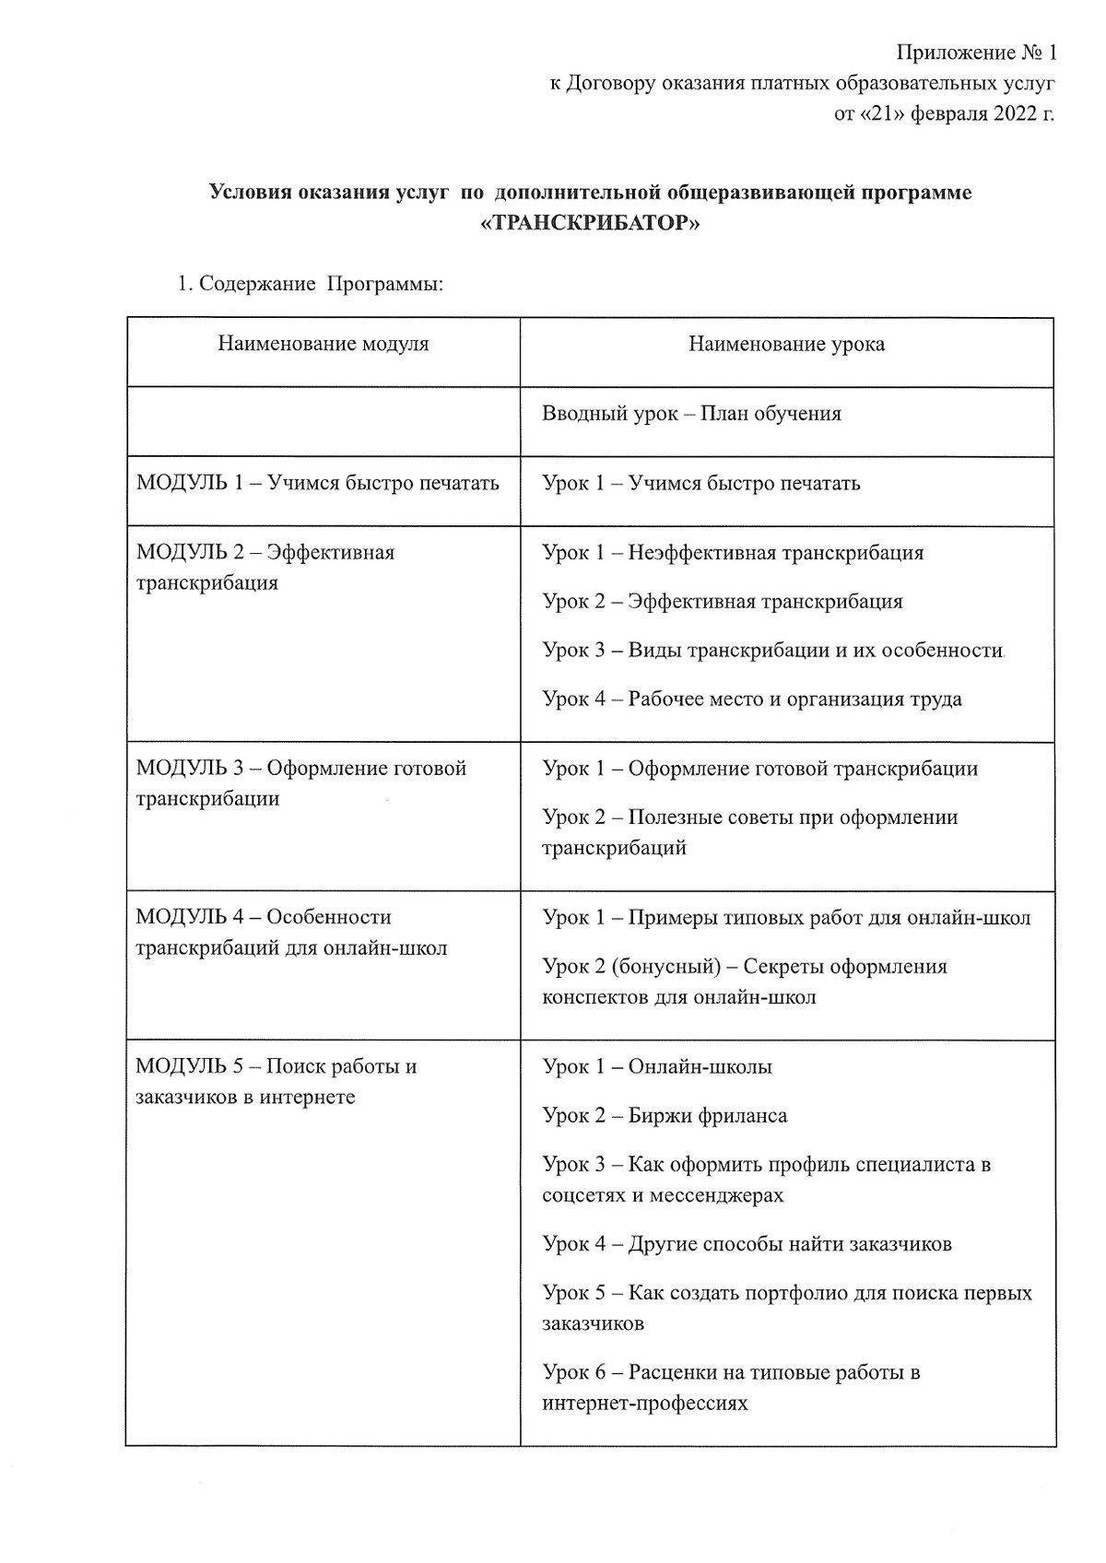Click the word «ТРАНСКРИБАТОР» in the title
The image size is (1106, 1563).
[591, 224]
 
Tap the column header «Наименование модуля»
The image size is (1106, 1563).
[324, 345]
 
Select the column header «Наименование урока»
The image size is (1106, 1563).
[786, 345]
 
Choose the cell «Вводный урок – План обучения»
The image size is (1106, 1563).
[691, 414]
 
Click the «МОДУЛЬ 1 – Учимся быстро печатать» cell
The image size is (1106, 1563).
[318, 483]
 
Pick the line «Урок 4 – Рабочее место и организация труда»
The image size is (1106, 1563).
[752, 699]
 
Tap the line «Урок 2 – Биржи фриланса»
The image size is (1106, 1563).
[665, 1116]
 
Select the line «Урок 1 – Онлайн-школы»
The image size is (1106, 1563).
[657, 1067]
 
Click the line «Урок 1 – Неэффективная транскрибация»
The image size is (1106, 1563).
[733, 553]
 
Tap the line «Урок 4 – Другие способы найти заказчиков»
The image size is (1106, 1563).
[747, 1244]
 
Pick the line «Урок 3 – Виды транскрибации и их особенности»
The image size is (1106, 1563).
[772, 651]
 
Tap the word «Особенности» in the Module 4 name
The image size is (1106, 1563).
[328, 918]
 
